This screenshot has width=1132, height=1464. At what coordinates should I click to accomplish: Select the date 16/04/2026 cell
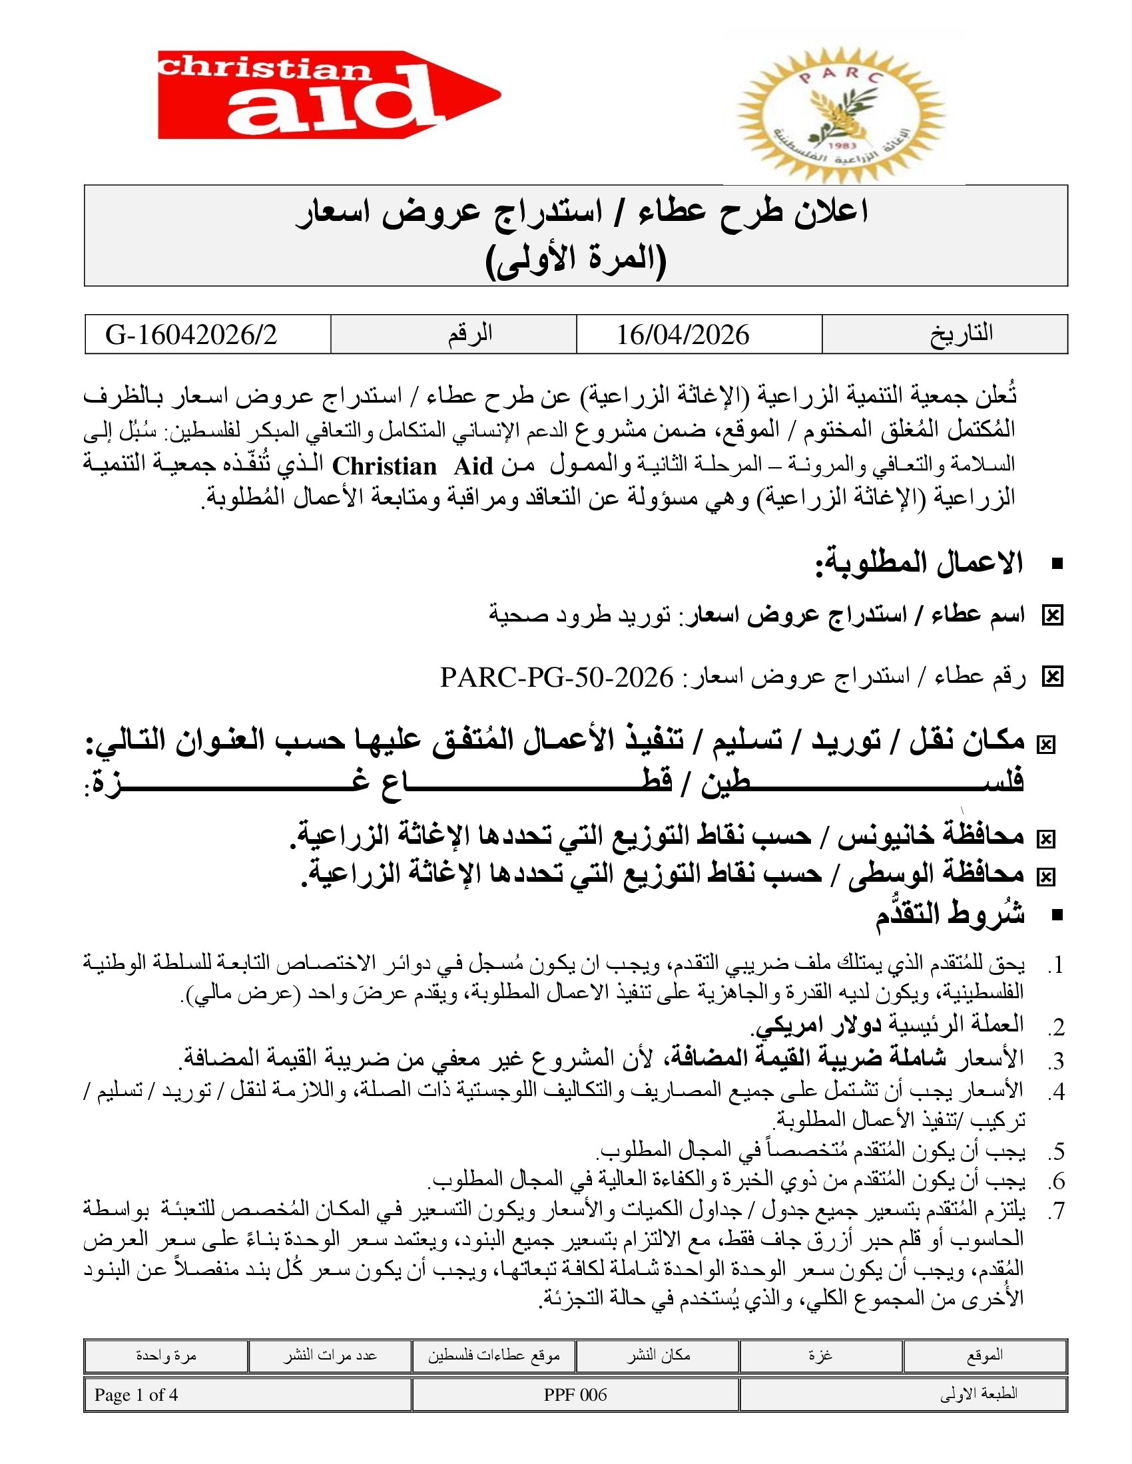pos(683,335)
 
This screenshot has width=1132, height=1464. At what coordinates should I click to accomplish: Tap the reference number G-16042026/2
pos(191,335)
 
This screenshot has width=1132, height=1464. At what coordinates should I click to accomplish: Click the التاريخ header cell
pos(960,334)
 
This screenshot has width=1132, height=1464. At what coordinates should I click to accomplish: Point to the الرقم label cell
pos(469,334)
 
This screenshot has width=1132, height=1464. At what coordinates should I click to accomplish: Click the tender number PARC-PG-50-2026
pos(556,677)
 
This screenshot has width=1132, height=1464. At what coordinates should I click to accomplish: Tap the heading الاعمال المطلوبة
pos(919,563)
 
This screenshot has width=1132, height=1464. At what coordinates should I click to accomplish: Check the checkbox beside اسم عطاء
pos(1052,616)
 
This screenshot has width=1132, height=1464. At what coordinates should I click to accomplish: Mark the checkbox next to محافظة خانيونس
pos(1045,838)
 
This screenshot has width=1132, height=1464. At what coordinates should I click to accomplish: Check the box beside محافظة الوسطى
pos(1045,876)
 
